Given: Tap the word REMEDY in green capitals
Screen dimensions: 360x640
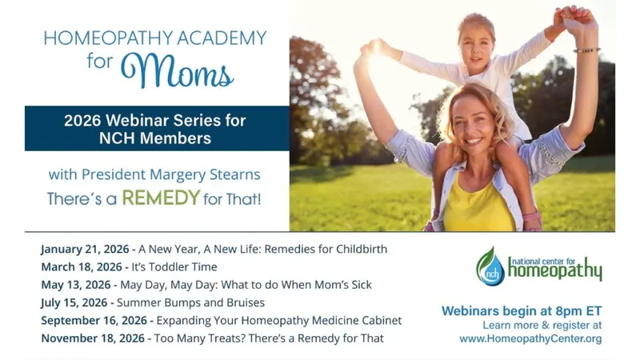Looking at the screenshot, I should [160, 198].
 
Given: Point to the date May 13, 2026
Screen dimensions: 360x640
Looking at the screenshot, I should [78, 285].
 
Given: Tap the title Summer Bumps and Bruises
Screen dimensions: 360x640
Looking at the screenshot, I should [190, 302].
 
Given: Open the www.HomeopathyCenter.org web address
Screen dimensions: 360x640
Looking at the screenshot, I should [530, 339].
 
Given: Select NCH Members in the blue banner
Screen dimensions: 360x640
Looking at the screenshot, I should [155, 138].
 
